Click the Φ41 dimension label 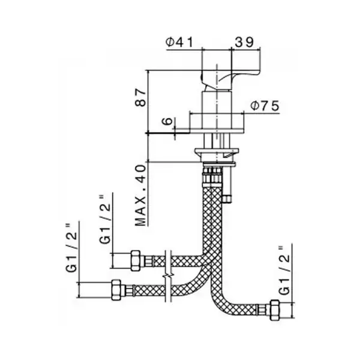pos(179,42)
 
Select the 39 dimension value pos(244,42)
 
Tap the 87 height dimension pos(140,98)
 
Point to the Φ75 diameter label pos(265,106)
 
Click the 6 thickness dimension pos(167,121)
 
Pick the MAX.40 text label pos(140,196)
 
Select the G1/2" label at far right pos(284,271)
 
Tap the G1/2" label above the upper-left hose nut pos(105,220)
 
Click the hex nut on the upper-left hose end pos(136,260)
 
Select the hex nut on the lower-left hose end pos(116,290)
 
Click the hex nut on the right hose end pos(275,310)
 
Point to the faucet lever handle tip pos(257,73)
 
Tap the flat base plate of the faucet pos(217,130)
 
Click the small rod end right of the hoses pos(227,199)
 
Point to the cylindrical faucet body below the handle pos(217,110)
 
